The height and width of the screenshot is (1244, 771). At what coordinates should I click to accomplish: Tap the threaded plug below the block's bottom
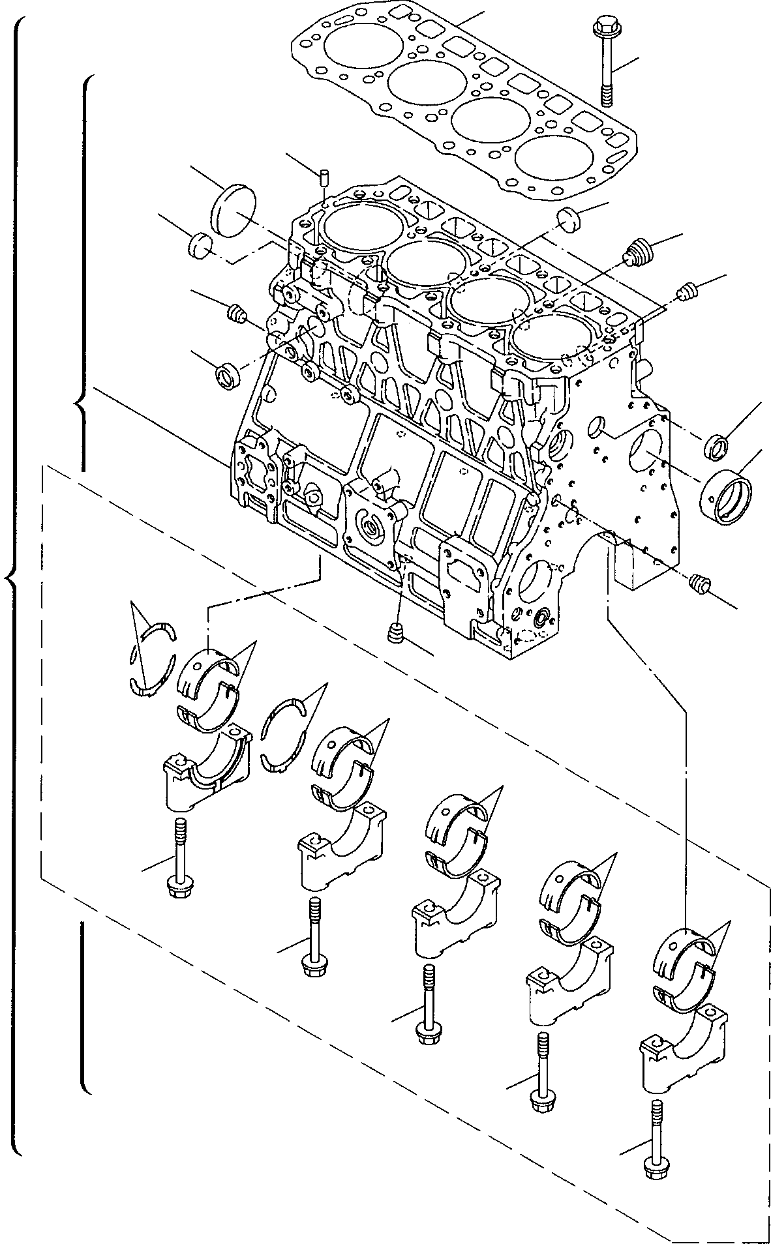pyautogui.click(x=395, y=632)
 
